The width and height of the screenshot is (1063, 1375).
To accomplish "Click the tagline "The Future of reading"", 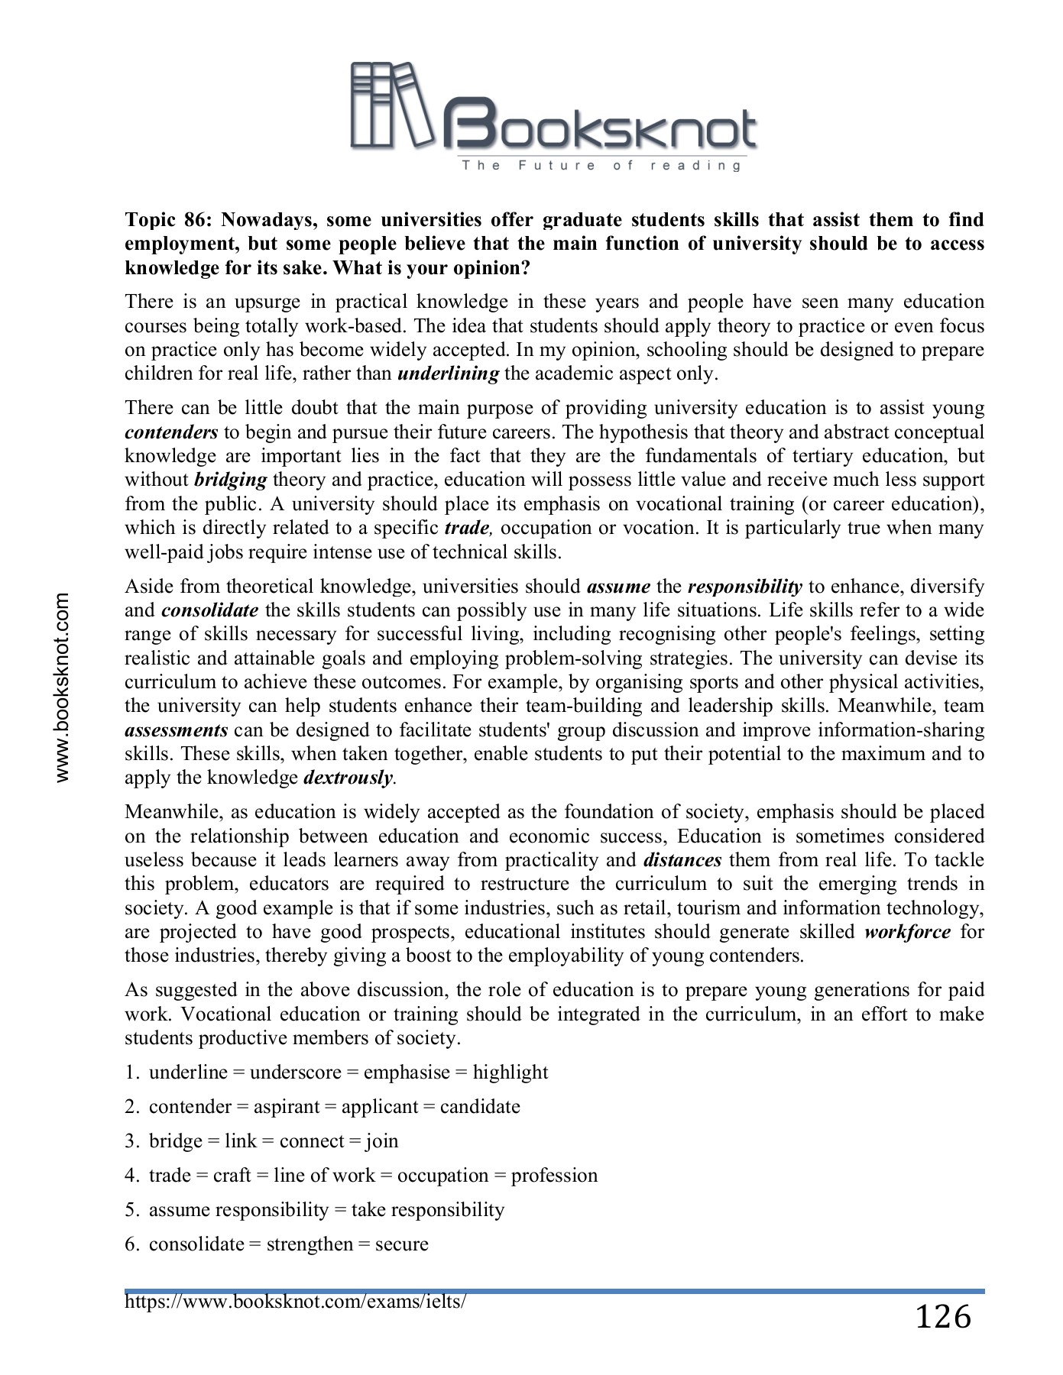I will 601,166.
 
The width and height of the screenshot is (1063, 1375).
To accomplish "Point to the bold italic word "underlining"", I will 449,374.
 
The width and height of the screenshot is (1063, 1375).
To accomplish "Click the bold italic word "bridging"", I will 230,480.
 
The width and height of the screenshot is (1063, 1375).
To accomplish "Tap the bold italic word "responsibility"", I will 744,587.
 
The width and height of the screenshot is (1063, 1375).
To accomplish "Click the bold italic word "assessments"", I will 177,730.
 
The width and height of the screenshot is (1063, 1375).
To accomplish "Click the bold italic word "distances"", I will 682,860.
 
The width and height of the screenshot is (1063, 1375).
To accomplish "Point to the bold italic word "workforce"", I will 908,932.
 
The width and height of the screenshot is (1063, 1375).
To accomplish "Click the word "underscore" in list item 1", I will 295,1072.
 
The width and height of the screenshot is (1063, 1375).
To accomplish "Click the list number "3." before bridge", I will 132,1141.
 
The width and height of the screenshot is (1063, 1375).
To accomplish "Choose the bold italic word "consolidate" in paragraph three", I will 210,610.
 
